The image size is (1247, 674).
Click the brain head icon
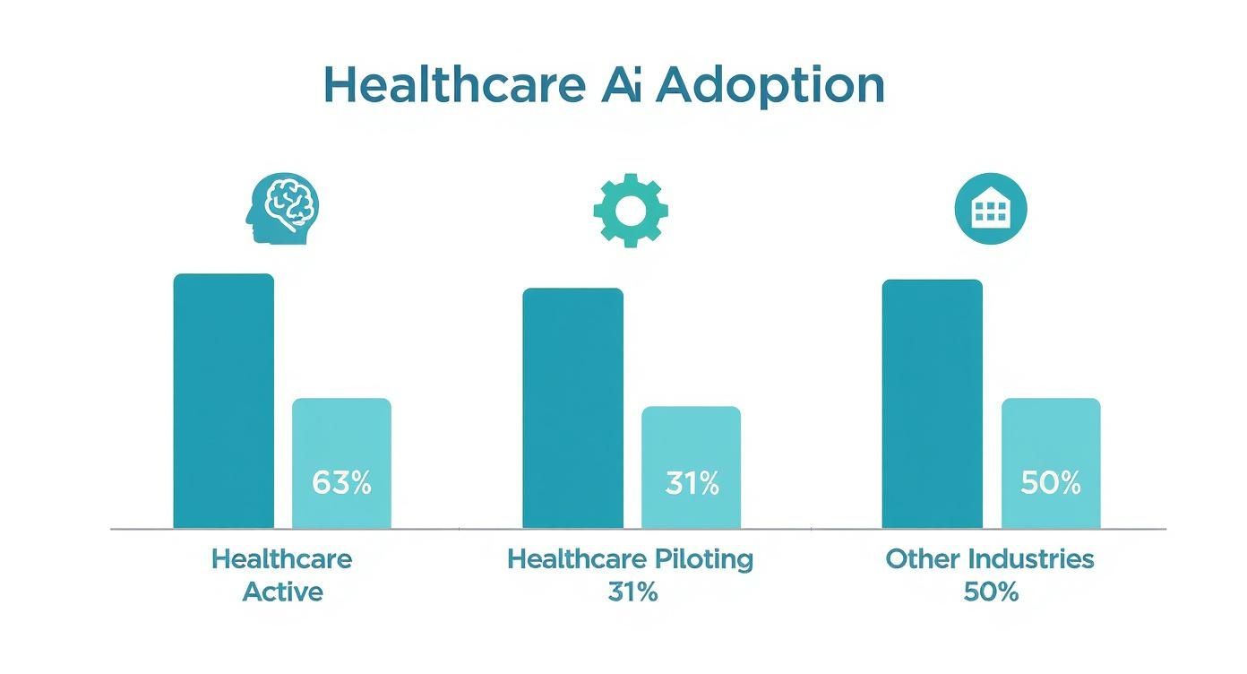282,210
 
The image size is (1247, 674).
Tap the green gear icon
631,211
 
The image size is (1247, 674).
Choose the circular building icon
990,210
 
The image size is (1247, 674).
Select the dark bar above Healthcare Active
223,401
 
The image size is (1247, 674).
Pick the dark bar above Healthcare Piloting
572,408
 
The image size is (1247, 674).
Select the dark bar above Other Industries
932,403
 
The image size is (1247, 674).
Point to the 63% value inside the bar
341,483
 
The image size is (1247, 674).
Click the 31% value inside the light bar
692,484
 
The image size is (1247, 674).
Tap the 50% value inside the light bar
1051,484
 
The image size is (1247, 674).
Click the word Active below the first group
282,592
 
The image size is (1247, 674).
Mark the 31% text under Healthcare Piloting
630,592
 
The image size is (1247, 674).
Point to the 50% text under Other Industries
990,592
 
